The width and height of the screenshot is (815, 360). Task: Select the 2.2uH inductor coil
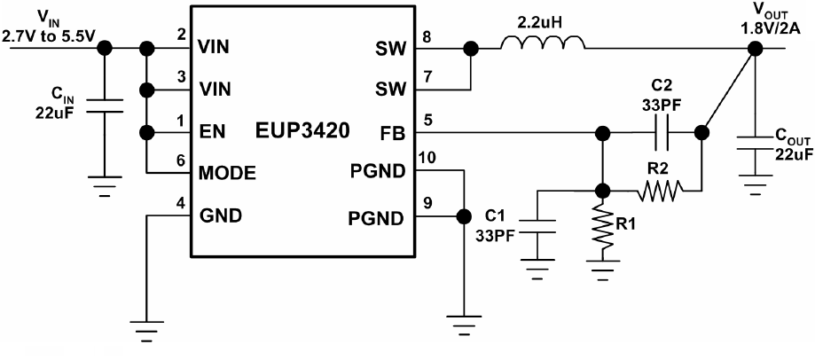(x=542, y=43)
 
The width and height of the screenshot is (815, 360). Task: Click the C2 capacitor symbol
(x=658, y=134)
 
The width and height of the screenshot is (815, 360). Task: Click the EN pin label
(x=212, y=133)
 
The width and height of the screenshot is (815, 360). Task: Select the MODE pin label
(x=228, y=173)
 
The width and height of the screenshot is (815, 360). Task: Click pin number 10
(x=427, y=158)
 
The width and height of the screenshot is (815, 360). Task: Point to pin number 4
(x=181, y=202)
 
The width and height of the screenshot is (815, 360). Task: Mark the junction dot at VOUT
(x=752, y=48)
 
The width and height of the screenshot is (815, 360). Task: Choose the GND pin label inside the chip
(x=220, y=214)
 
